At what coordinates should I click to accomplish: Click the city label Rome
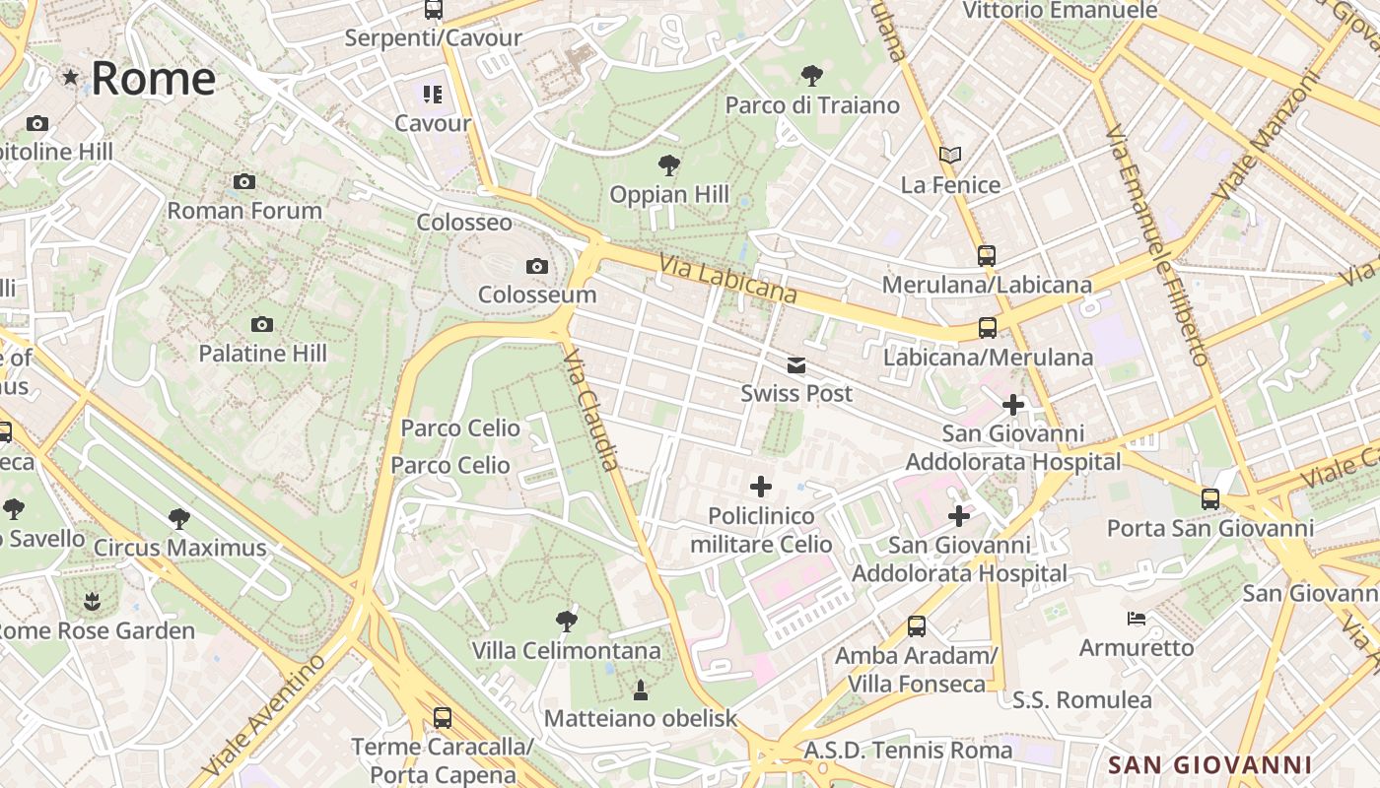pos(153,79)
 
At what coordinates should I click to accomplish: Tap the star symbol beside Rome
pos(70,77)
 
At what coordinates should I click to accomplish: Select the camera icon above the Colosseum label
pos(537,266)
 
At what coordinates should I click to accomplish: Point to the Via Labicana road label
pos(728,280)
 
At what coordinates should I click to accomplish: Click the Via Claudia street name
pos(591,410)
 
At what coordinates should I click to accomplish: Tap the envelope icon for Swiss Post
pos(796,366)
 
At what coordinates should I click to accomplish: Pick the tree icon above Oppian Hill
pos(669,164)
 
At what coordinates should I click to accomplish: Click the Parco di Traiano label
pos(812,105)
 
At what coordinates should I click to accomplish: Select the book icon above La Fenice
pos(950,156)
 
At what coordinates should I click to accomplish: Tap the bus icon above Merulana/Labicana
pos(987,256)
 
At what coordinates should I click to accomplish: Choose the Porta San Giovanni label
pos(1209,528)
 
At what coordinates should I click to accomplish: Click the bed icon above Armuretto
pos(1137,619)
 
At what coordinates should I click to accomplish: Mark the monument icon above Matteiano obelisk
pos(641,689)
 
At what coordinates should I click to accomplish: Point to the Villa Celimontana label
pos(566,651)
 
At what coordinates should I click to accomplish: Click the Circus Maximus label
pos(179,548)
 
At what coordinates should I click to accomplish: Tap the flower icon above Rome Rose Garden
pos(92,601)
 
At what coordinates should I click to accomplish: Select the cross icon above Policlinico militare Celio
pos(761,486)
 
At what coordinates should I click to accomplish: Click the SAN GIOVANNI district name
pos(1209,764)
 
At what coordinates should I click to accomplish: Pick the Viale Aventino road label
pos(264,714)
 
